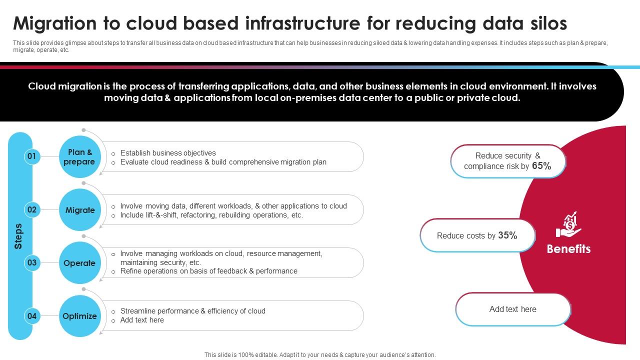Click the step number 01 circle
coord(31,156)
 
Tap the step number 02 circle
coord(31,209)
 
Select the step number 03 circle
coord(31,262)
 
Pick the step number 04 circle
coord(31,316)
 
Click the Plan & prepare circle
coord(79,157)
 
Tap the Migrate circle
coord(79,210)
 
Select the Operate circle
coord(79,263)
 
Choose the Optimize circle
coord(79,316)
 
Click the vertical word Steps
coord(18,236)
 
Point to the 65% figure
coord(541,166)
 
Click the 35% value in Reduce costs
coord(507,235)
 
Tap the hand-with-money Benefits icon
coord(568,224)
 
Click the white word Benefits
coord(568,249)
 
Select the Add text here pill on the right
coord(512,309)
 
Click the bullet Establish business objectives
coord(168,153)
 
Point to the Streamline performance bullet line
coord(192,311)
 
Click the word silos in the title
coord(546,23)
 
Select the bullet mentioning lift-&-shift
coord(211,215)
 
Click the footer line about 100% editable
coord(320,354)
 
